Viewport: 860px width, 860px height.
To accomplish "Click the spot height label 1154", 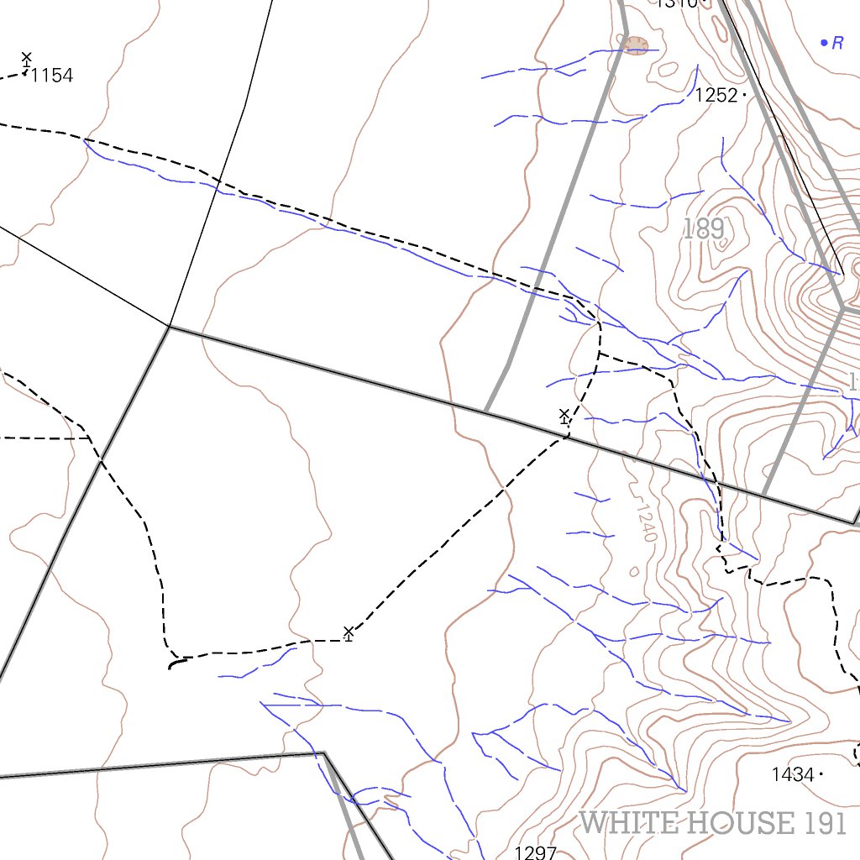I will tap(51, 76).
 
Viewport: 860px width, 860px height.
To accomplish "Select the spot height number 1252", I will tap(716, 96).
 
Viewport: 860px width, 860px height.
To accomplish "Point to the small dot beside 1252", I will tap(744, 96).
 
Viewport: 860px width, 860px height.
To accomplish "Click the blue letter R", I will tap(837, 44).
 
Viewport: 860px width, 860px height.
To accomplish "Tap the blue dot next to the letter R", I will tap(824, 42).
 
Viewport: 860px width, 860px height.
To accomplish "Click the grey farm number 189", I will tap(704, 229).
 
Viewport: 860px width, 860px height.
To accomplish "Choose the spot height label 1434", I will tap(793, 774).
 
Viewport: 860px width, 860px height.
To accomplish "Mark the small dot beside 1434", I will tap(821, 774).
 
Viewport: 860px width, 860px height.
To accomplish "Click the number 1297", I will tap(535, 852).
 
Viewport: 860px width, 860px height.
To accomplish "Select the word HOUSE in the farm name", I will tap(740, 823).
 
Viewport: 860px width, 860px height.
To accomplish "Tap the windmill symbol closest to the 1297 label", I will tap(349, 632).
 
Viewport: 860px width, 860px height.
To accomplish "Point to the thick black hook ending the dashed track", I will tap(175, 663).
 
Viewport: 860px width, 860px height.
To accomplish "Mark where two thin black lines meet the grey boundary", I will tap(170, 327).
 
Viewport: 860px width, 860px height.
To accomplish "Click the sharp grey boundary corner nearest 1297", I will tap(324, 752).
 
